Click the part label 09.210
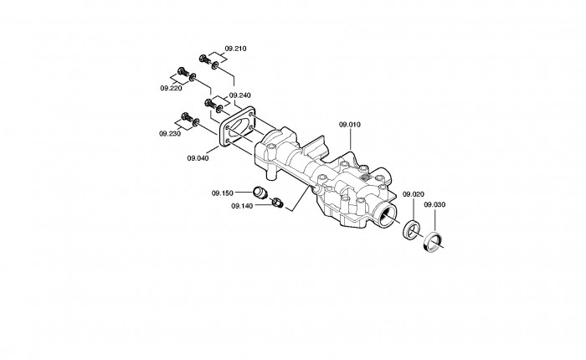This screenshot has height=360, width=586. tap(235, 49)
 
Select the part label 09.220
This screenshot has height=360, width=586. tap(171, 88)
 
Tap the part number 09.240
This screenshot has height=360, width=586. tap(240, 95)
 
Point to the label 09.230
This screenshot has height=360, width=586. tap(170, 134)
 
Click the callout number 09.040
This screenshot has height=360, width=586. tap(198, 158)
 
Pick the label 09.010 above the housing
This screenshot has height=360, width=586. tap(350, 125)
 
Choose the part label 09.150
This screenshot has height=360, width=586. tap(223, 193)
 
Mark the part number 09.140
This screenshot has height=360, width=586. tap(242, 206)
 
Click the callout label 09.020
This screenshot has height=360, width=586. tap(414, 194)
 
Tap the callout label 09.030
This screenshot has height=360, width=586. tap(434, 205)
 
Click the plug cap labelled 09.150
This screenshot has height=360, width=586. tap(259, 193)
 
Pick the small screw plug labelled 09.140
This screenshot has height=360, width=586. tap(277, 203)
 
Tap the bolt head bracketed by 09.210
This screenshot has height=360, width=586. tap(203, 59)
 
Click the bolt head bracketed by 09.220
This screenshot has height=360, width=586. tap(182, 71)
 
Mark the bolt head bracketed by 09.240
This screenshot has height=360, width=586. tap(208, 102)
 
